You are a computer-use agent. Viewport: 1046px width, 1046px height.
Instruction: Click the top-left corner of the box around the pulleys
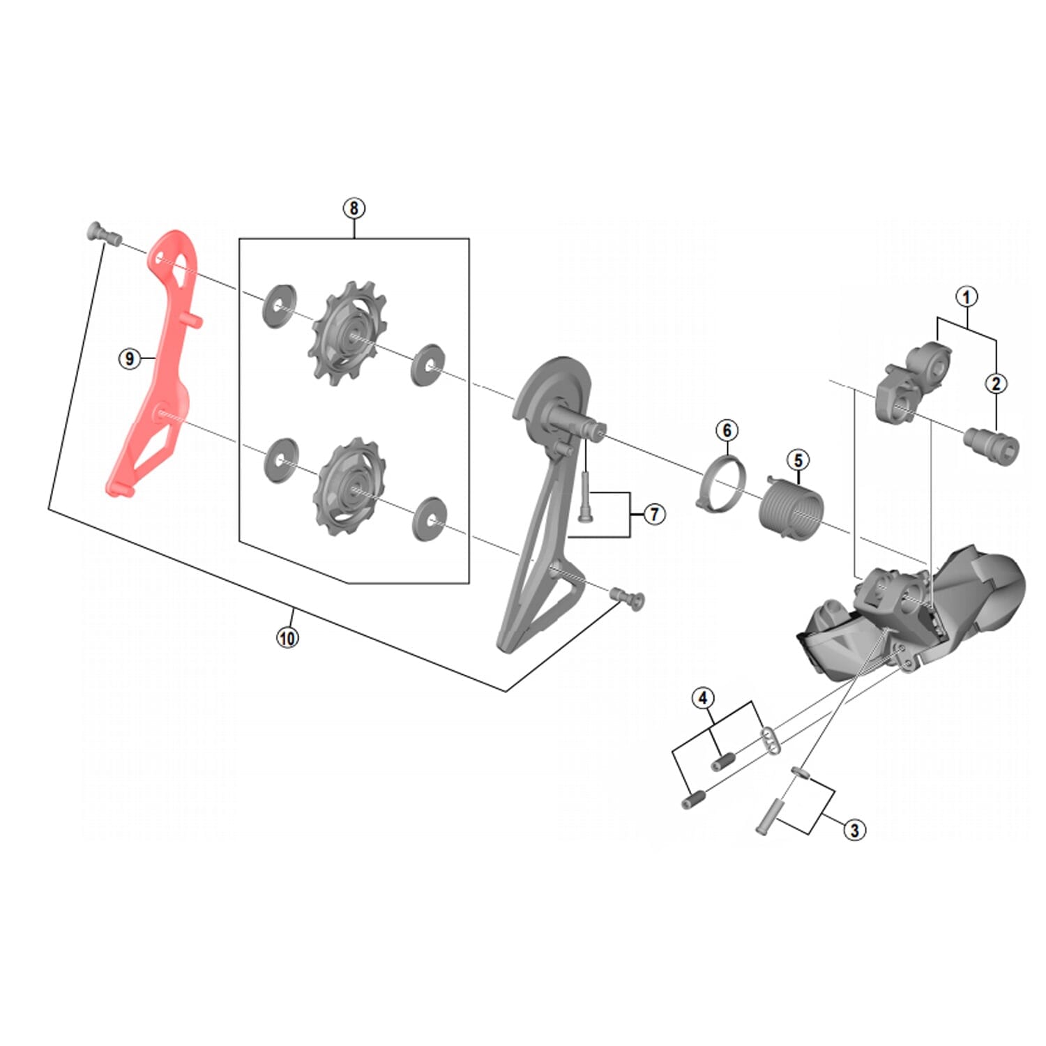click(x=239, y=238)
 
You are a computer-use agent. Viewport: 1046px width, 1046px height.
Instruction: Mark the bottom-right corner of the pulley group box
click(x=469, y=583)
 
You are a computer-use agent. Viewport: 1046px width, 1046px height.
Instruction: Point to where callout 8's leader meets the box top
click(x=354, y=238)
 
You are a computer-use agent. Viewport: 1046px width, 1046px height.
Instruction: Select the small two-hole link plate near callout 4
click(x=768, y=741)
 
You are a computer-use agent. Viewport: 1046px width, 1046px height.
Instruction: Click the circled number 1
click(x=967, y=296)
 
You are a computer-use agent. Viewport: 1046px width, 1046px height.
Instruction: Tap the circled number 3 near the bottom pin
click(x=854, y=830)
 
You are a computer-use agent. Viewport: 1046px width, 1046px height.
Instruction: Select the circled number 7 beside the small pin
click(x=654, y=515)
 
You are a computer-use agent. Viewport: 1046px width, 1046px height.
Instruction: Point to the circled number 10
click(x=287, y=637)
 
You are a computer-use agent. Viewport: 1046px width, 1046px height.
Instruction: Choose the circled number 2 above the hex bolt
click(x=996, y=383)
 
